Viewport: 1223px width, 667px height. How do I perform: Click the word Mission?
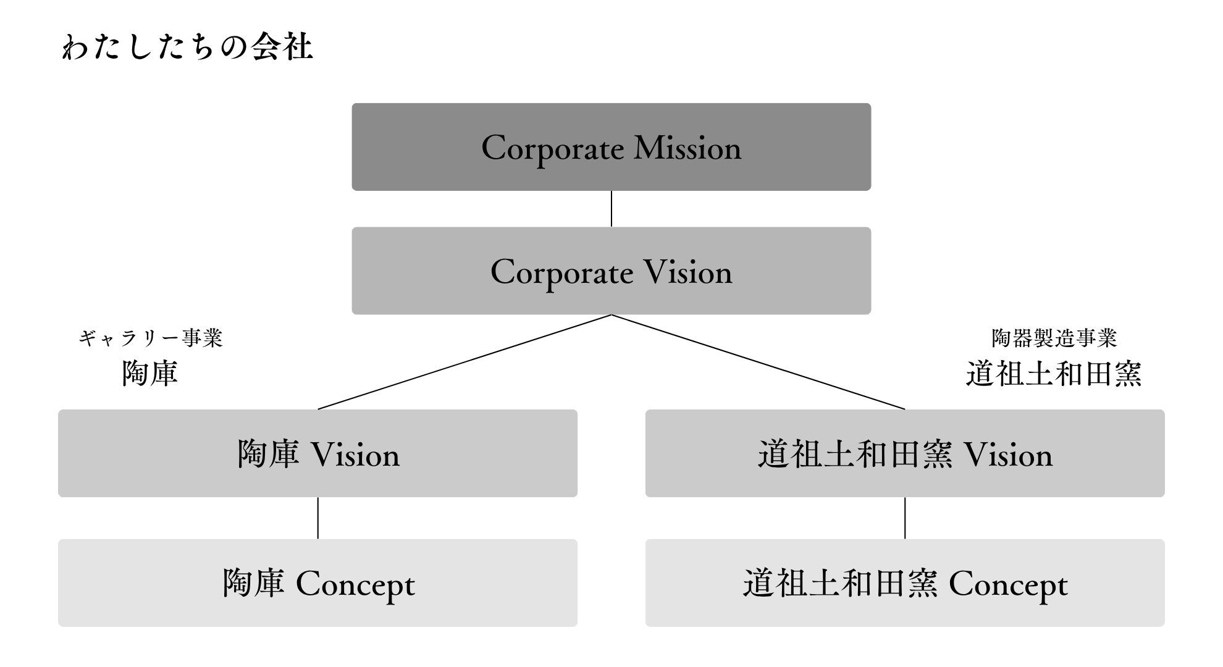tap(687, 148)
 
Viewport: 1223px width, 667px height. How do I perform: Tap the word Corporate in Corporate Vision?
tap(562, 272)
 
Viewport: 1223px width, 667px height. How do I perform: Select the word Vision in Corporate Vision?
tap(687, 272)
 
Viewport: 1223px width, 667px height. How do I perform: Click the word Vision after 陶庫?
tap(355, 455)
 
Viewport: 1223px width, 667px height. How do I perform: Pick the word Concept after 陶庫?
tap(355, 585)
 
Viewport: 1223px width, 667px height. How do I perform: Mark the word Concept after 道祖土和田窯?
tap(1008, 585)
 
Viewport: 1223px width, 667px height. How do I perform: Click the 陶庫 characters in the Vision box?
tap(268, 455)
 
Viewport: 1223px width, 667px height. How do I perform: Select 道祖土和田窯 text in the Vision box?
tap(855, 455)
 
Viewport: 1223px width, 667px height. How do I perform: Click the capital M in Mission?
tap(649, 148)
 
